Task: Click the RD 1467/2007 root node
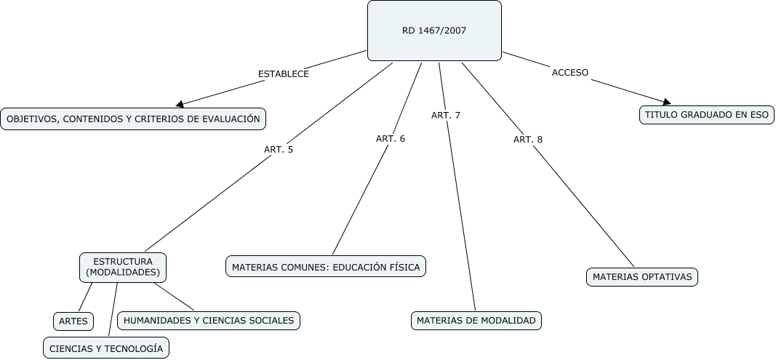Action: pyautogui.click(x=434, y=31)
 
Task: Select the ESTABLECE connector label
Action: pyautogui.click(x=284, y=74)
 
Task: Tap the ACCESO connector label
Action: pyautogui.click(x=570, y=73)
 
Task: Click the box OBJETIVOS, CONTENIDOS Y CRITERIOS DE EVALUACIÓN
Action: pyautogui.click(x=133, y=119)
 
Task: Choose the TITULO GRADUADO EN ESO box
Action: pyautogui.click(x=706, y=115)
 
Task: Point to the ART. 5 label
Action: pyautogui.click(x=279, y=150)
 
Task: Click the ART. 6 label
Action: pyautogui.click(x=391, y=139)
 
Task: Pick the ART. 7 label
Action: pyautogui.click(x=446, y=116)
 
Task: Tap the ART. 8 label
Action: pyautogui.click(x=528, y=139)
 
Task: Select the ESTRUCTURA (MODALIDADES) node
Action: pyautogui.click(x=123, y=267)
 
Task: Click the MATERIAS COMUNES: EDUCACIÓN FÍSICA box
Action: pyautogui.click(x=326, y=267)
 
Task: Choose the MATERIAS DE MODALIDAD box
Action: pyautogui.click(x=476, y=320)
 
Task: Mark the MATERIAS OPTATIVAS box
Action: pyautogui.click(x=642, y=277)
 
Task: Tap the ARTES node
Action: pyautogui.click(x=73, y=321)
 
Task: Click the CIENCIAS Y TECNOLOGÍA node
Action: pyautogui.click(x=106, y=348)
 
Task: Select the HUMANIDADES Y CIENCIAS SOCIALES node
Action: pyautogui.click(x=209, y=320)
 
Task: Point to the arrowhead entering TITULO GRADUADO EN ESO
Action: pyautogui.click(x=665, y=102)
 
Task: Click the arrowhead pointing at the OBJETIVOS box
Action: pyautogui.click(x=180, y=104)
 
